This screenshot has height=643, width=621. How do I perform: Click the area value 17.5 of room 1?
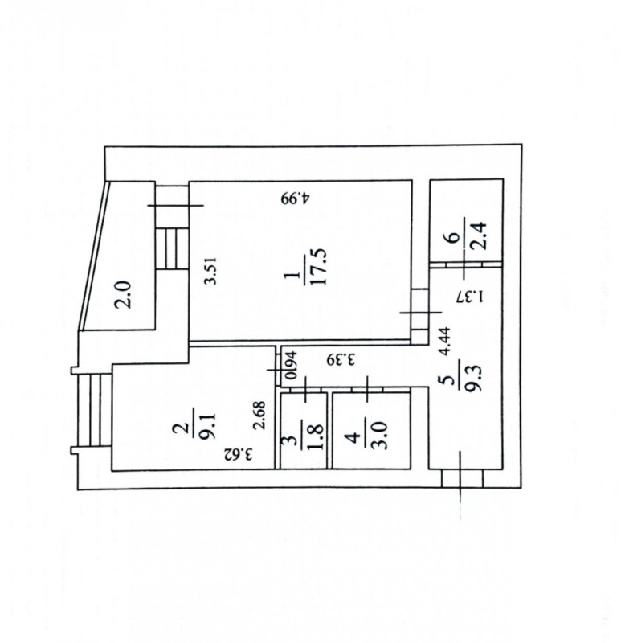[x=319, y=267]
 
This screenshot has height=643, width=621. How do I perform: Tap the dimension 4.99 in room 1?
[x=296, y=198]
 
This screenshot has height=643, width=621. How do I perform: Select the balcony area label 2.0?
[x=123, y=294]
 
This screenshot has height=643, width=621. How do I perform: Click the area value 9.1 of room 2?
[x=209, y=427]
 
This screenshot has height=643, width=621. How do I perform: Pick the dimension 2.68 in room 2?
[x=259, y=415]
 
